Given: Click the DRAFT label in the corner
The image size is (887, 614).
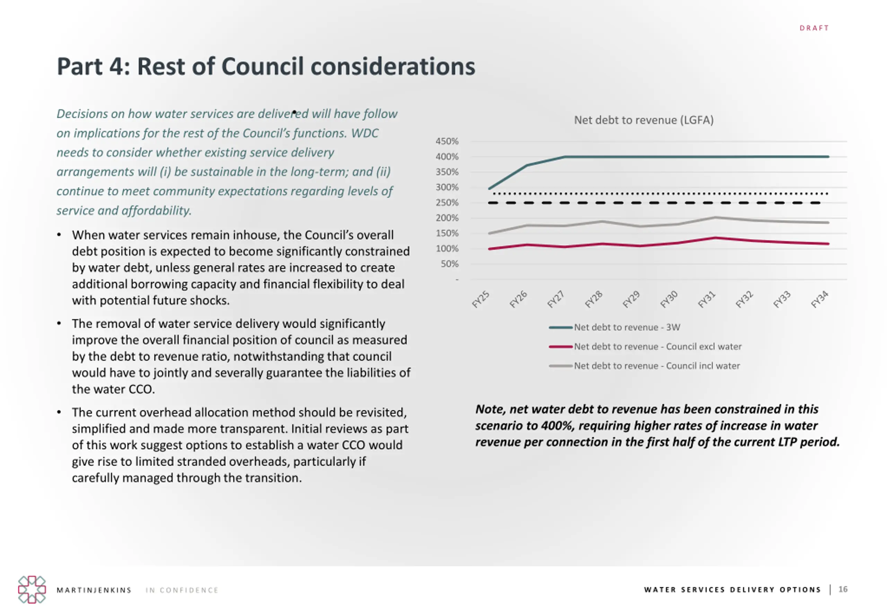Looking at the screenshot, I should tap(814, 28).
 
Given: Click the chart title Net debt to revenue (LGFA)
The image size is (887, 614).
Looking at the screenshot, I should tap(643, 120).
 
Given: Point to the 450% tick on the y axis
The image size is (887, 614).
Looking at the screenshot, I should tap(447, 141).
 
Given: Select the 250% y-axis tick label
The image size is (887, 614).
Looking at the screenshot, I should tap(447, 203).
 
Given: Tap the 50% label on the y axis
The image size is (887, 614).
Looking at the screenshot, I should tap(449, 264).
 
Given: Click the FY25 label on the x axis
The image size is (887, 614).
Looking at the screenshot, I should tap(481, 299).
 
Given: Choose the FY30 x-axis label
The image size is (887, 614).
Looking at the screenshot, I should tap(669, 299).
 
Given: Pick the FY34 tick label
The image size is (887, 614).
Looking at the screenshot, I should tap(819, 299).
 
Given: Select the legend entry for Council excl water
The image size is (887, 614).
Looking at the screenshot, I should tap(657, 347).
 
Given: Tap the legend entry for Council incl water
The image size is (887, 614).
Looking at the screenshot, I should tap(657, 366).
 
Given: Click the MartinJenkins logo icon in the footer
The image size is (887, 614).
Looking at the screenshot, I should tap(32, 589).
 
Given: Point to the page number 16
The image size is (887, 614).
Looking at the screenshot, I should tap(843, 589).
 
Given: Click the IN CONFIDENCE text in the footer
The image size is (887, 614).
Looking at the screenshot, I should tap(182, 590).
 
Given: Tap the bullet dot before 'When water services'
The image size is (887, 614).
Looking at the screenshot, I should tap(59, 235).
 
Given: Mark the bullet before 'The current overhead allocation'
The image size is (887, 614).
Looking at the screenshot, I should tap(59, 412).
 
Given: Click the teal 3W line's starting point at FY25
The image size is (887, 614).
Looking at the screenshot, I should tap(489, 188).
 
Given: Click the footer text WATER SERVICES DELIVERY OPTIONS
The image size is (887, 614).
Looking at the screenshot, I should tap(732, 590).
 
